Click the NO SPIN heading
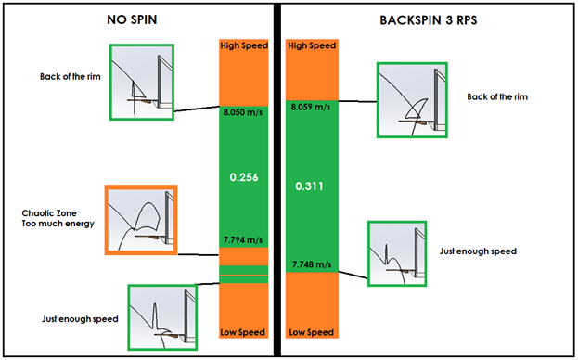137,19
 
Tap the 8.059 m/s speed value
310,107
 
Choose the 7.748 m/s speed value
310,264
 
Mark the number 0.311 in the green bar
310,186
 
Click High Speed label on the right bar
310,45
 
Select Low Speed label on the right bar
310,332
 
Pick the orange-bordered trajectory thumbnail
141,221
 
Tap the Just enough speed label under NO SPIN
80,318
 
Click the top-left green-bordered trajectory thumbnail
142,81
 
